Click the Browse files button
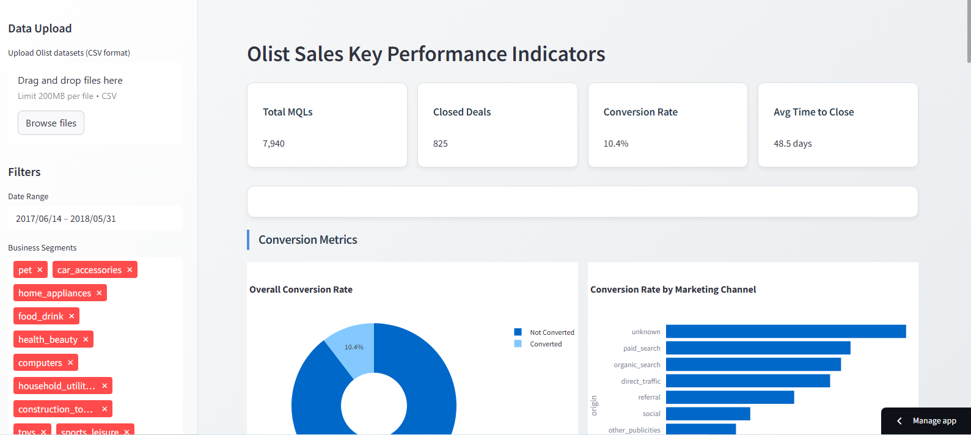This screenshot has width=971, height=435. tap(51, 123)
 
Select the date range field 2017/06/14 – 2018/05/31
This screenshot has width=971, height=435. tap(66, 219)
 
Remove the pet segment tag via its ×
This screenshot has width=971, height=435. tap(40, 269)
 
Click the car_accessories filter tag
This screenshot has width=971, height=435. tap(89, 270)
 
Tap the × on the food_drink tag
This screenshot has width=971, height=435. tap(71, 316)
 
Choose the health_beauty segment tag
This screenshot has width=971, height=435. tap(48, 340)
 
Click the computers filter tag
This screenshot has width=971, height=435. tap(40, 363)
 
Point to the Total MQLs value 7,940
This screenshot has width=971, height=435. tap(274, 144)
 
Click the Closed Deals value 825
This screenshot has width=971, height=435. tap(440, 144)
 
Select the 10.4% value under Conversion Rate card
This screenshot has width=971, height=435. tap(615, 144)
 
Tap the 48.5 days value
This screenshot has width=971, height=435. tap(792, 144)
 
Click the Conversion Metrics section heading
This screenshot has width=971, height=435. tap(307, 240)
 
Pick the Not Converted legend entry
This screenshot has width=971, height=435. tap(551, 332)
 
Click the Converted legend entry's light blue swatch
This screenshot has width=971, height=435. tap(518, 344)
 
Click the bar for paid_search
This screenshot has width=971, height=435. tap(758, 348)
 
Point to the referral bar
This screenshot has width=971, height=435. tap(730, 397)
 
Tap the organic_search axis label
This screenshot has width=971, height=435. tap(637, 365)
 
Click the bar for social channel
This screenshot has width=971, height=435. tap(708, 414)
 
